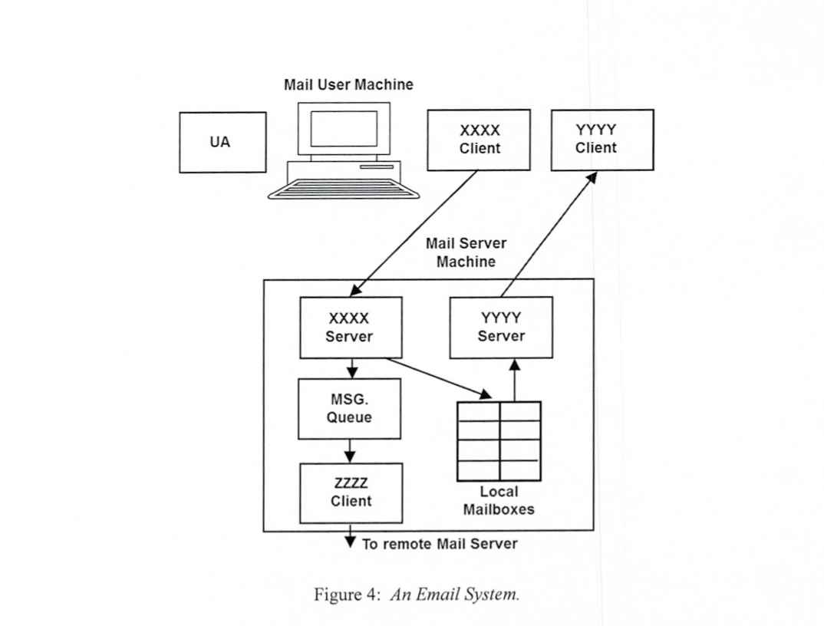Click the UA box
(x=222, y=143)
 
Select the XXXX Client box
(x=479, y=140)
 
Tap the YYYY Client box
(x=602, y=140)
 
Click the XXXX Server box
(x=350, y=328)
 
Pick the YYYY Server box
(x=501, y=328)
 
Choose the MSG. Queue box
(x=349, y=409)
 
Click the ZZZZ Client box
(x=351, y=493)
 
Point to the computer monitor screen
(x=343, y=129)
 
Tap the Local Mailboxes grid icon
(x=499, y=440)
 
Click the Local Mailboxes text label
(x=499, y=500)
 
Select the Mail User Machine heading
(x=348, y=84)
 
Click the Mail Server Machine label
(x=466, y=252)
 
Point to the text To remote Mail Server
(x=440, y=544)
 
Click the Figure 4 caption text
(x=417, y=596)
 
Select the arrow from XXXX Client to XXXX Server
(x=414, y=233)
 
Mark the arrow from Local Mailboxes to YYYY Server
(x=515, y=380)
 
